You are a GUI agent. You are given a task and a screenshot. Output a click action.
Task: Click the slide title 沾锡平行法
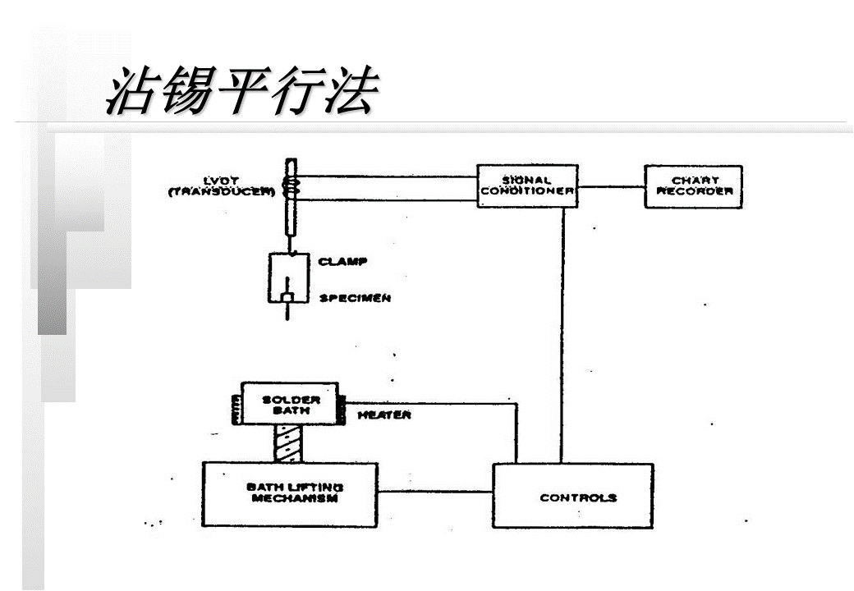coord(243,90)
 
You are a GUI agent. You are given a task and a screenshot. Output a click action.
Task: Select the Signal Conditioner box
coord(526,186)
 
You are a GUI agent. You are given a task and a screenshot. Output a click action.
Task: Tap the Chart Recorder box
coord(694,186)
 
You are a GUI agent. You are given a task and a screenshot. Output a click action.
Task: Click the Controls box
coord(572,497)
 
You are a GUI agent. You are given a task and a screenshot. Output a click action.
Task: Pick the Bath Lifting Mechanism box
coord(290,493)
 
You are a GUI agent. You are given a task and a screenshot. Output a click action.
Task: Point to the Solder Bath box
coord(291,404)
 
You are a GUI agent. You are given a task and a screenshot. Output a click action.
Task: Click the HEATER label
coord(384,415)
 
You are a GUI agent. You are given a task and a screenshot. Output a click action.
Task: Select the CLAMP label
coord(342,262)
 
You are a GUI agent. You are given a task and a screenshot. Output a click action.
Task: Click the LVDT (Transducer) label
coord(221,186)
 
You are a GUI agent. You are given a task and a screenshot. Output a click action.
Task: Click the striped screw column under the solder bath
coord(290,444)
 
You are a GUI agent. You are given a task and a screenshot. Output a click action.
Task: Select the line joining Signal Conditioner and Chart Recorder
coord(610,186)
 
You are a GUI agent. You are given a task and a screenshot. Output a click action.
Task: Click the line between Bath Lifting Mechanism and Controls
coord(434,492)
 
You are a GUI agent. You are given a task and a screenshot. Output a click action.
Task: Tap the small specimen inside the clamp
coord(288,296)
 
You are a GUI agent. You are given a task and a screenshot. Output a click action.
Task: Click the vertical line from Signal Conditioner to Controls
coord(563,328)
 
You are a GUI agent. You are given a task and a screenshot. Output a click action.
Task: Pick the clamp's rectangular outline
coord(270,279)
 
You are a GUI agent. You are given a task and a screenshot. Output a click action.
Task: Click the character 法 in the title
coord(350,90)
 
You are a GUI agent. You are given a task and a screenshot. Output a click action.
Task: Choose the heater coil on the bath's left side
coord(236,407)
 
